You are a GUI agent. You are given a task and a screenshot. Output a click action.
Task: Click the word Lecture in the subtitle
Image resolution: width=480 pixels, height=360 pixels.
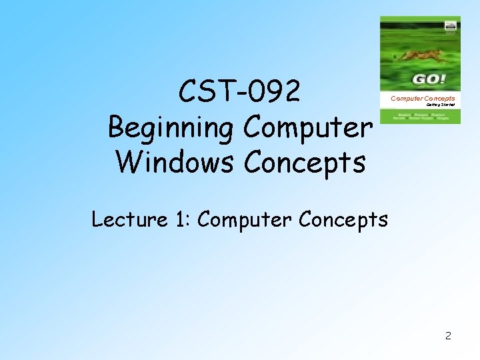coord(123,219)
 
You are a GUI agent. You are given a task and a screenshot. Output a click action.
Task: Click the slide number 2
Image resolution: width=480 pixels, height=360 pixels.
coord(448,336)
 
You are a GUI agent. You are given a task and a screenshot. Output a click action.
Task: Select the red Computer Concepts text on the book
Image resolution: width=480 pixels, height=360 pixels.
coord(423,98)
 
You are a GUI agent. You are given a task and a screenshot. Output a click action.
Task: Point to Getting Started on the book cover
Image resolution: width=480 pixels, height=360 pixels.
coord(440,105)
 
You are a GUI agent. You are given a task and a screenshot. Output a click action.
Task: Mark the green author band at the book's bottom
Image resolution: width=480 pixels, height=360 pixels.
coord(420,115)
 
